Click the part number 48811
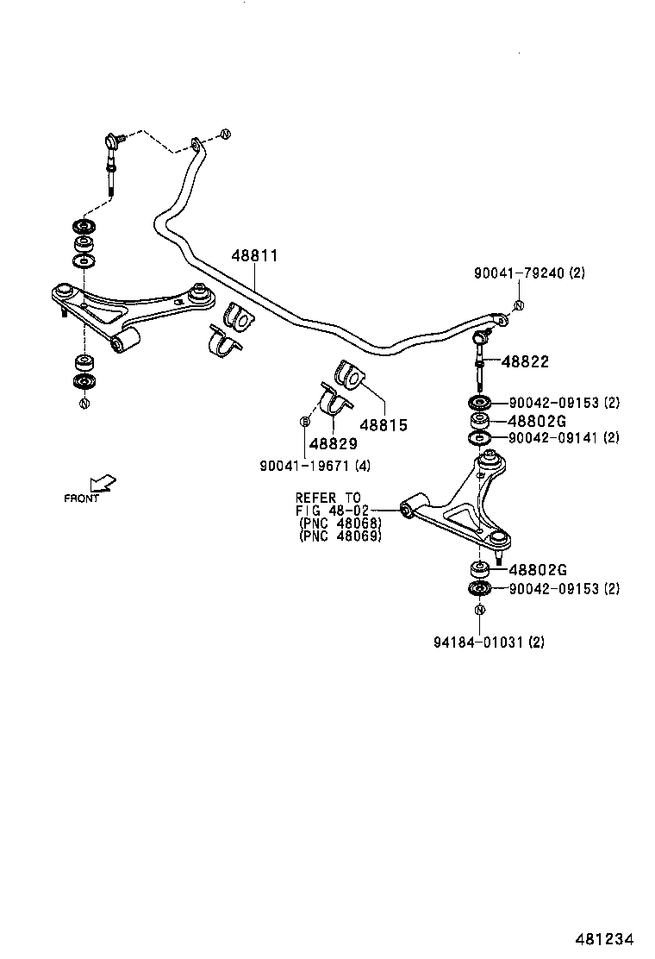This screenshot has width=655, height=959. tap(254, 256)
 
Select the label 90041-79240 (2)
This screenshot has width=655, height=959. tap(528, 273)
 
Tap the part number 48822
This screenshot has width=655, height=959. tap(525, 363)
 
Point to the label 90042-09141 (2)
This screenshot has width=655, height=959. tap(564, 438)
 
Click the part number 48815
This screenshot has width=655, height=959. tap(383, 425)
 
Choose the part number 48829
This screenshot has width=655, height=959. tap(333, 443)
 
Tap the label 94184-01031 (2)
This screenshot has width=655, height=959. tap(489, 642)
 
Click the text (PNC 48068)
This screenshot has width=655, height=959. tap(339, 523)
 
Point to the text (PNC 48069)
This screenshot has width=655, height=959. tap(339, 536)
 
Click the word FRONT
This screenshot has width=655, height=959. tap(81, 498)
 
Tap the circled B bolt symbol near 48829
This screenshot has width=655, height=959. tap(304, 421)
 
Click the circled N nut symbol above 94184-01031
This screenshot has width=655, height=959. tap(478, 611)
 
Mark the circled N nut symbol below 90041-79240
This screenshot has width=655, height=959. tap(519, 305)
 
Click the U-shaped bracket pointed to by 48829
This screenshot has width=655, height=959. tap(334, 404)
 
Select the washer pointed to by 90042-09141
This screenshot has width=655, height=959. tap(480, 439)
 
